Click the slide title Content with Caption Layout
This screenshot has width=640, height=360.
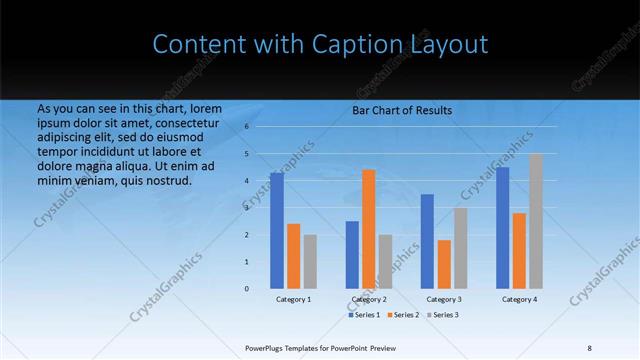pyautogui.click(x=320, y=44)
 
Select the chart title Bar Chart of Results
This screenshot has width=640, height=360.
pyautogui.click(x=401, y=110)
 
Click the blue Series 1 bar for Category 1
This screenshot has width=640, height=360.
pyautogui.click(x=277, y=230)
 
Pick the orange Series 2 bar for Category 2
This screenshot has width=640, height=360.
pyautogui.click(x=369, y=229)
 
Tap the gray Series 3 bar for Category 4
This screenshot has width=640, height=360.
pyautogui.click(x=537, y=221)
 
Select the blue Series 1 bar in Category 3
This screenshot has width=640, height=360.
pyautogui.click(x=427, y=241)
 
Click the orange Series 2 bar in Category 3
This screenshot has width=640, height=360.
pyautogui.click(x=444, y=264)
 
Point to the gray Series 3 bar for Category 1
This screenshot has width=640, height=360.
pyautogui.click(x=310, y=261)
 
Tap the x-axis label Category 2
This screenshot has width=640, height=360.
pyautogui.click(x=369, y=299)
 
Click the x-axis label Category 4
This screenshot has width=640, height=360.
pyautogui.click(x=519, y=299)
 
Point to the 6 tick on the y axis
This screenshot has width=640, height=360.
pyautogui.click(x=246, y=127)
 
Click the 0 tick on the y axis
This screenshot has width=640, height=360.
pyautogui.click(x=246, y=288)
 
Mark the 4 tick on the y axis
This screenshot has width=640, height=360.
pyautogui.click(x=246, y=181)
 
